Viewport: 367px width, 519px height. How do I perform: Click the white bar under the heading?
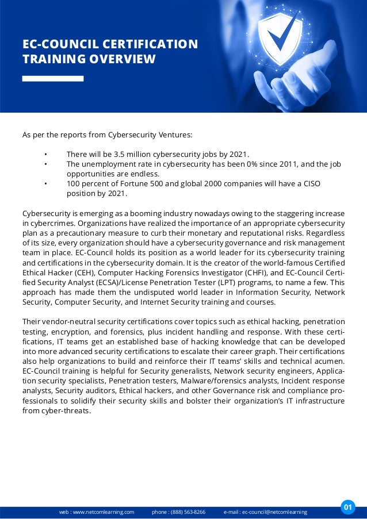point(53,78)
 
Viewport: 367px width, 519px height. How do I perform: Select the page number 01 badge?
point(347,507)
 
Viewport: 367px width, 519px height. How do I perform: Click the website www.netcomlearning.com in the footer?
point(97,512)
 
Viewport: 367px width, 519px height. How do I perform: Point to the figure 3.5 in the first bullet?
point(118,154)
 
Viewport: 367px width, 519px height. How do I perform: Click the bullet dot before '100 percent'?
point(45,184)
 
